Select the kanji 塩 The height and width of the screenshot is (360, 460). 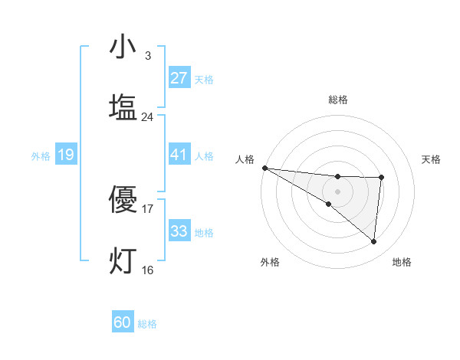[123, 107]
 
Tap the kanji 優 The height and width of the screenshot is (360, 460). [123, 200]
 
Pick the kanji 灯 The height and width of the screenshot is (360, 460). [123, 260]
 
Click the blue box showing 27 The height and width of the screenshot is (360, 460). [179, 78]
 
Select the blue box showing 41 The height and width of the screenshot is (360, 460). [179, 155]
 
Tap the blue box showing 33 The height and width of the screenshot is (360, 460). [179, 231]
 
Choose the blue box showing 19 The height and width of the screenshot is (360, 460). [66, 155]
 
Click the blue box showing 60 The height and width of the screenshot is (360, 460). [123, 322]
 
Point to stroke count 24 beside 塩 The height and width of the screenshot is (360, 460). [148, 117]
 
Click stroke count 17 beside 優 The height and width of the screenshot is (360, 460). [148, 208]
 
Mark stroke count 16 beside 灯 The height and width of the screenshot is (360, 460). [148, 270]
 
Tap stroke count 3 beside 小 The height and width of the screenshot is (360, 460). [148, 56]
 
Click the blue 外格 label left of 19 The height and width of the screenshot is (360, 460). [41, 156]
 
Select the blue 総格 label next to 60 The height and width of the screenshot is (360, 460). [147, 324]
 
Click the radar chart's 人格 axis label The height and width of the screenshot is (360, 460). [245, 159]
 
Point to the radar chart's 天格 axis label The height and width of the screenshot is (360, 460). [431, 159]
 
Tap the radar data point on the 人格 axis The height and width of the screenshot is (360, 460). [264, 168]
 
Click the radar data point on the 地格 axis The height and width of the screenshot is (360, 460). [373, 241]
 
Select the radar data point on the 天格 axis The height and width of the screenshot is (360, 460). [381, 178]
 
